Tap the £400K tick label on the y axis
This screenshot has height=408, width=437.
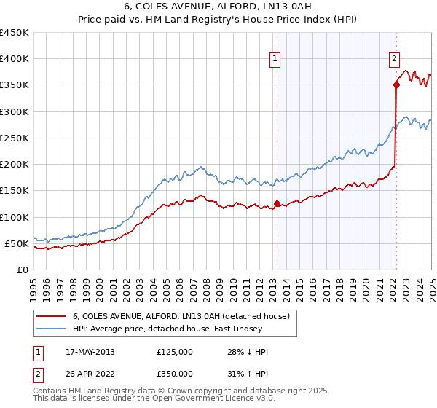[15, 59]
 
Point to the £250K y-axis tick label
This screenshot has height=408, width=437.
[15, 138]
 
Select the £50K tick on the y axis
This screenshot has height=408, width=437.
[17, 243]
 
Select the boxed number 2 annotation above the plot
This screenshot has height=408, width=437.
[394, 60]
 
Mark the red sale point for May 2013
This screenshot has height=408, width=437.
[277, 204]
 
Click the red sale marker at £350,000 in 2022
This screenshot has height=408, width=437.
[396, 85]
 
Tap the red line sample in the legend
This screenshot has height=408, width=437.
[52, 316]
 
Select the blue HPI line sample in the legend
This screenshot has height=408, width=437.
[52, 329]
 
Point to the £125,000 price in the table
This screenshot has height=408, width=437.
[175, 352]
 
